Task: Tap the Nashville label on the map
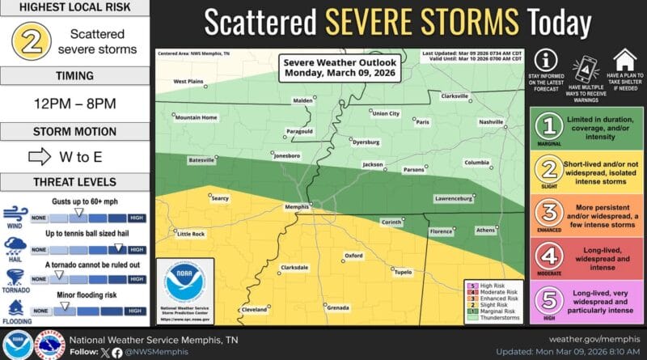491,122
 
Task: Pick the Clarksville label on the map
455,96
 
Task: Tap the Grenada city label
338,308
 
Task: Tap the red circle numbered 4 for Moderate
549,258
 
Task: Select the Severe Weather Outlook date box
323,70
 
